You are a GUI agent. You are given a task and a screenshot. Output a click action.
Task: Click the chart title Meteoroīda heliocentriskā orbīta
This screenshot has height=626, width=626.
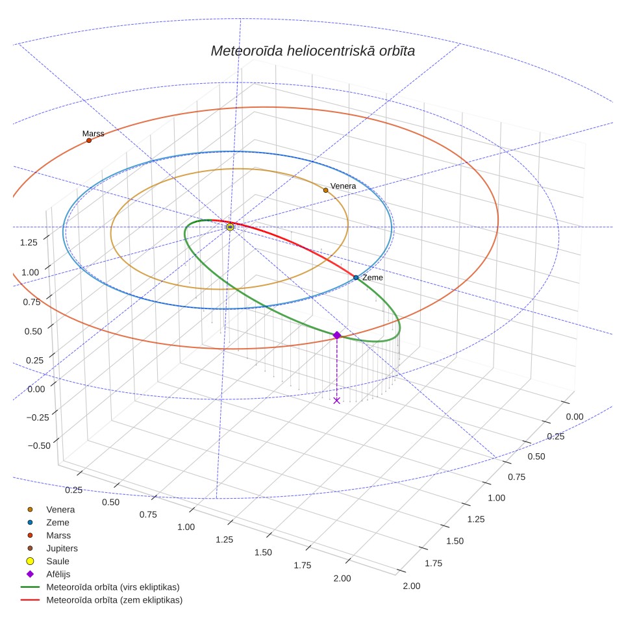coord(312,51)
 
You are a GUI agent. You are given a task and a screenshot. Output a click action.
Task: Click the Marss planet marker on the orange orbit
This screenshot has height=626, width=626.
coord(89,140)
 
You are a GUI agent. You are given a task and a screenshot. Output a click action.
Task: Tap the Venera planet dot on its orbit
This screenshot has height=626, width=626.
coord(326,190)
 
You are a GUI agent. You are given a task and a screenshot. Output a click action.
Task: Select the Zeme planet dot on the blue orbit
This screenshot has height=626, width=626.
coord(356,277)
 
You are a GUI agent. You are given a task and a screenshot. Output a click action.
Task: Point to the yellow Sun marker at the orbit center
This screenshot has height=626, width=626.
coord(230,227)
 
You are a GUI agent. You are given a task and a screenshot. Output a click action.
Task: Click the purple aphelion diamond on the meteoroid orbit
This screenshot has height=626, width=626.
coord(337,335)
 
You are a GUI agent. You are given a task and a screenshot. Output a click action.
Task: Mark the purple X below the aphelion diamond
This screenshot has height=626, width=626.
coord(336,401)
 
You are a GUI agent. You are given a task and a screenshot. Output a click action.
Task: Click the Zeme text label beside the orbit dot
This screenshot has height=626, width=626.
coord(373,277)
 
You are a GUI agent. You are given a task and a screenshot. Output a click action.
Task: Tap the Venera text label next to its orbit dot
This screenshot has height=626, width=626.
coord(344,186)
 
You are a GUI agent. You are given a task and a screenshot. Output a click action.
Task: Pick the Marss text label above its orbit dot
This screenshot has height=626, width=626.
coord(93,133)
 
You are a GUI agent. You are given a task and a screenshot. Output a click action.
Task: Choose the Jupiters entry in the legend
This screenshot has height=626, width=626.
coord(53,548)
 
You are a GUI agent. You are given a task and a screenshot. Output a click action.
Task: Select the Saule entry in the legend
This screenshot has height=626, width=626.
coord(47,561)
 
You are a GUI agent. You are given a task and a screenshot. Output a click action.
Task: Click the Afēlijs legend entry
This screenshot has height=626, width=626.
coord(48,574)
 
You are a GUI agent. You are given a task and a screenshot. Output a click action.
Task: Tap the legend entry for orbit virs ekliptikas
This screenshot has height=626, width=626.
coord(100,587)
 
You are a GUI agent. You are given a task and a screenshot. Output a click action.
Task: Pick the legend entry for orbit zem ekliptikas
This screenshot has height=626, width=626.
coord(101,600)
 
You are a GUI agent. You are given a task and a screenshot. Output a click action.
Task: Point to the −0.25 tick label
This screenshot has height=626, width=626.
coord(38,418)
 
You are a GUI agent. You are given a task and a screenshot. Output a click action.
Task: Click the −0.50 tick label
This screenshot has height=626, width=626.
coord(39,446)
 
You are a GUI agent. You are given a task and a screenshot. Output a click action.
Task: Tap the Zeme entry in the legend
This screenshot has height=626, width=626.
coord(48,523)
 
